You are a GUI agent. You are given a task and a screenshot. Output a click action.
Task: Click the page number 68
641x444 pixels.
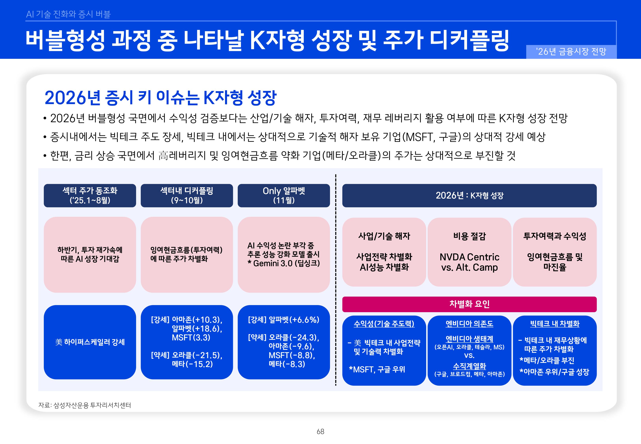click(x=320, y=432)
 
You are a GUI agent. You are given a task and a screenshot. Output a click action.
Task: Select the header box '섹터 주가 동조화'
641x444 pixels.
click(x=90, y=196)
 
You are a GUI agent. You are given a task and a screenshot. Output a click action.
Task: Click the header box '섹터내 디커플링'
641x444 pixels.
click(x=187, y=196)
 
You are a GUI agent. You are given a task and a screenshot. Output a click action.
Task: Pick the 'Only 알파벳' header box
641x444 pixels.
click(x=284, y=196)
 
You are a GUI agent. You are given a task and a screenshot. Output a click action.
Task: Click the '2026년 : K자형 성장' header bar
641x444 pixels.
click(x=469, y=196)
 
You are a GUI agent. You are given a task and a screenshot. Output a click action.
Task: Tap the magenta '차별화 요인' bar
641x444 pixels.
click(x=469, y=304)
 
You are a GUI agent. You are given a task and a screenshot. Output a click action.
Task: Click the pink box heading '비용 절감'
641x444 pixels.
click(x=469, y=236)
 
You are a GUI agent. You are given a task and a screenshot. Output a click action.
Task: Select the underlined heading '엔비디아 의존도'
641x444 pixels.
click(x=469, y=324)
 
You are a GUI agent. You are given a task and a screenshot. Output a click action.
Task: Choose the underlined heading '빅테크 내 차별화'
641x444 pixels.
click(x=555, y=324)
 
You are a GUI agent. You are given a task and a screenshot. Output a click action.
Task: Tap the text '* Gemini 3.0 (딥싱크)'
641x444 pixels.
click(x=284, y=263)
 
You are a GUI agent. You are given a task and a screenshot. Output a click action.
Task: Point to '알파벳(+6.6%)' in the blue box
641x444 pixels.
click(x=294, y=320)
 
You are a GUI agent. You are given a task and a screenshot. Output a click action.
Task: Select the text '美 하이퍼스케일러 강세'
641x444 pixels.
click(x=90, y=342)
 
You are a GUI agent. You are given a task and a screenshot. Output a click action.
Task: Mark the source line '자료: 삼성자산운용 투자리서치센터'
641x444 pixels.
click(x=84, y=405)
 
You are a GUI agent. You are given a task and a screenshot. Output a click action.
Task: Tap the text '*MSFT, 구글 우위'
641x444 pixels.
click(x=377, y=369)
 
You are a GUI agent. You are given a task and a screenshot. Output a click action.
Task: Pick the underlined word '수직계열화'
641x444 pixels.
click(x=469, y=366)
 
